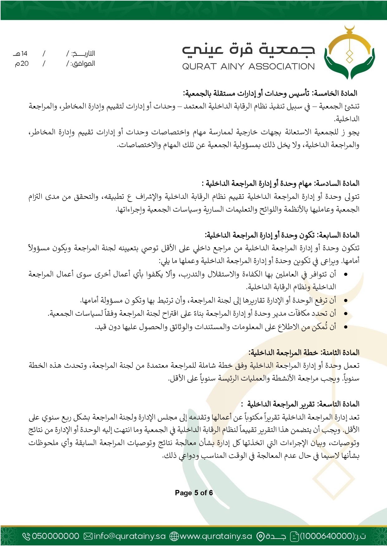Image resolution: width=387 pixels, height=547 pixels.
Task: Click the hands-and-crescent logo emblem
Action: (349, 53)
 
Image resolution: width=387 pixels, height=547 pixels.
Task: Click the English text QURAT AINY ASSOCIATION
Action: (248, 66)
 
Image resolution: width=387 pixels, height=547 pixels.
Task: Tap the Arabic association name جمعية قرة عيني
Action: (248, 50)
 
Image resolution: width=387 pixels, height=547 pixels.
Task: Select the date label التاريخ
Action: (83, 54)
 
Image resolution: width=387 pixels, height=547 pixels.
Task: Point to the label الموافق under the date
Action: (83, 64)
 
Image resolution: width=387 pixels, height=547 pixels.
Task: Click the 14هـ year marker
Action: (21, 54)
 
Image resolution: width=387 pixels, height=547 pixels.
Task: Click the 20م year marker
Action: (22, 64)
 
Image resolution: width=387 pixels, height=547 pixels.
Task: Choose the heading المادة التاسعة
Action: (339, 404)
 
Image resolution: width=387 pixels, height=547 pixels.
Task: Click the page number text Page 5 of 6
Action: (194, 493)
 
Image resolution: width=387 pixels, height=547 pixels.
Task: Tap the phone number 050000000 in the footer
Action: (56, 536)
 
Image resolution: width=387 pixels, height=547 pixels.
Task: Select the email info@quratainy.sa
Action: (129, 536)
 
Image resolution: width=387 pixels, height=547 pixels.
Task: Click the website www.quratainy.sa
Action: (216, 536)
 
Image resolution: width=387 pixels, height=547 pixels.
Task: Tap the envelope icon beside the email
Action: (88, 536)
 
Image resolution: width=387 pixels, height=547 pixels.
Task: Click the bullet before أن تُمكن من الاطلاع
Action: (345, 327)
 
